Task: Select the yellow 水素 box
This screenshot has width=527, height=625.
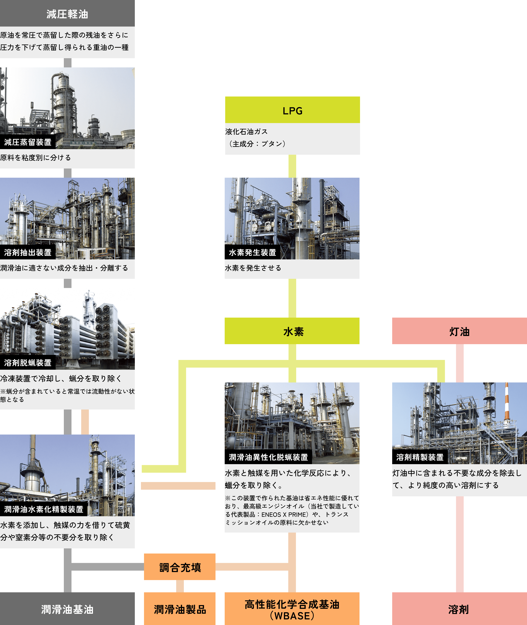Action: [x=292, y=331]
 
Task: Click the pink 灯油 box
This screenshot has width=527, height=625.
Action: [x=459, y=331]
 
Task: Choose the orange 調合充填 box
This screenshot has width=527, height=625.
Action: [x=180, y=567]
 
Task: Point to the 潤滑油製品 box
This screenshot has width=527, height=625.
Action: [x=180, y=609]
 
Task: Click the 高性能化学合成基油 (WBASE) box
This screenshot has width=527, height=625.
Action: [x=292, y=609]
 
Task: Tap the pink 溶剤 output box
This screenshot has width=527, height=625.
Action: [x=459, y=609]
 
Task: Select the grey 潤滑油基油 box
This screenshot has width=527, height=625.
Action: [x=67, y=609]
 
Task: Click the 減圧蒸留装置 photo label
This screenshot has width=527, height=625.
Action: [x=28, y=142]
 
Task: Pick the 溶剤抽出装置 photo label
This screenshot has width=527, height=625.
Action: [x=28, y=252]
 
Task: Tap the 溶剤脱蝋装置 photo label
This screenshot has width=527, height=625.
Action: [x=28, y=363]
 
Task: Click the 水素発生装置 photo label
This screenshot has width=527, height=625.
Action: [x=252, y=252]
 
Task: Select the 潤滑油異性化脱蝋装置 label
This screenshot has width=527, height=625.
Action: [x=268, y=457]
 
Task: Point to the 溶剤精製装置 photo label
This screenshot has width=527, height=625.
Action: [x=420, y=457]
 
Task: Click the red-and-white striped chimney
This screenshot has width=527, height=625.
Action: [x=507, y=402]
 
